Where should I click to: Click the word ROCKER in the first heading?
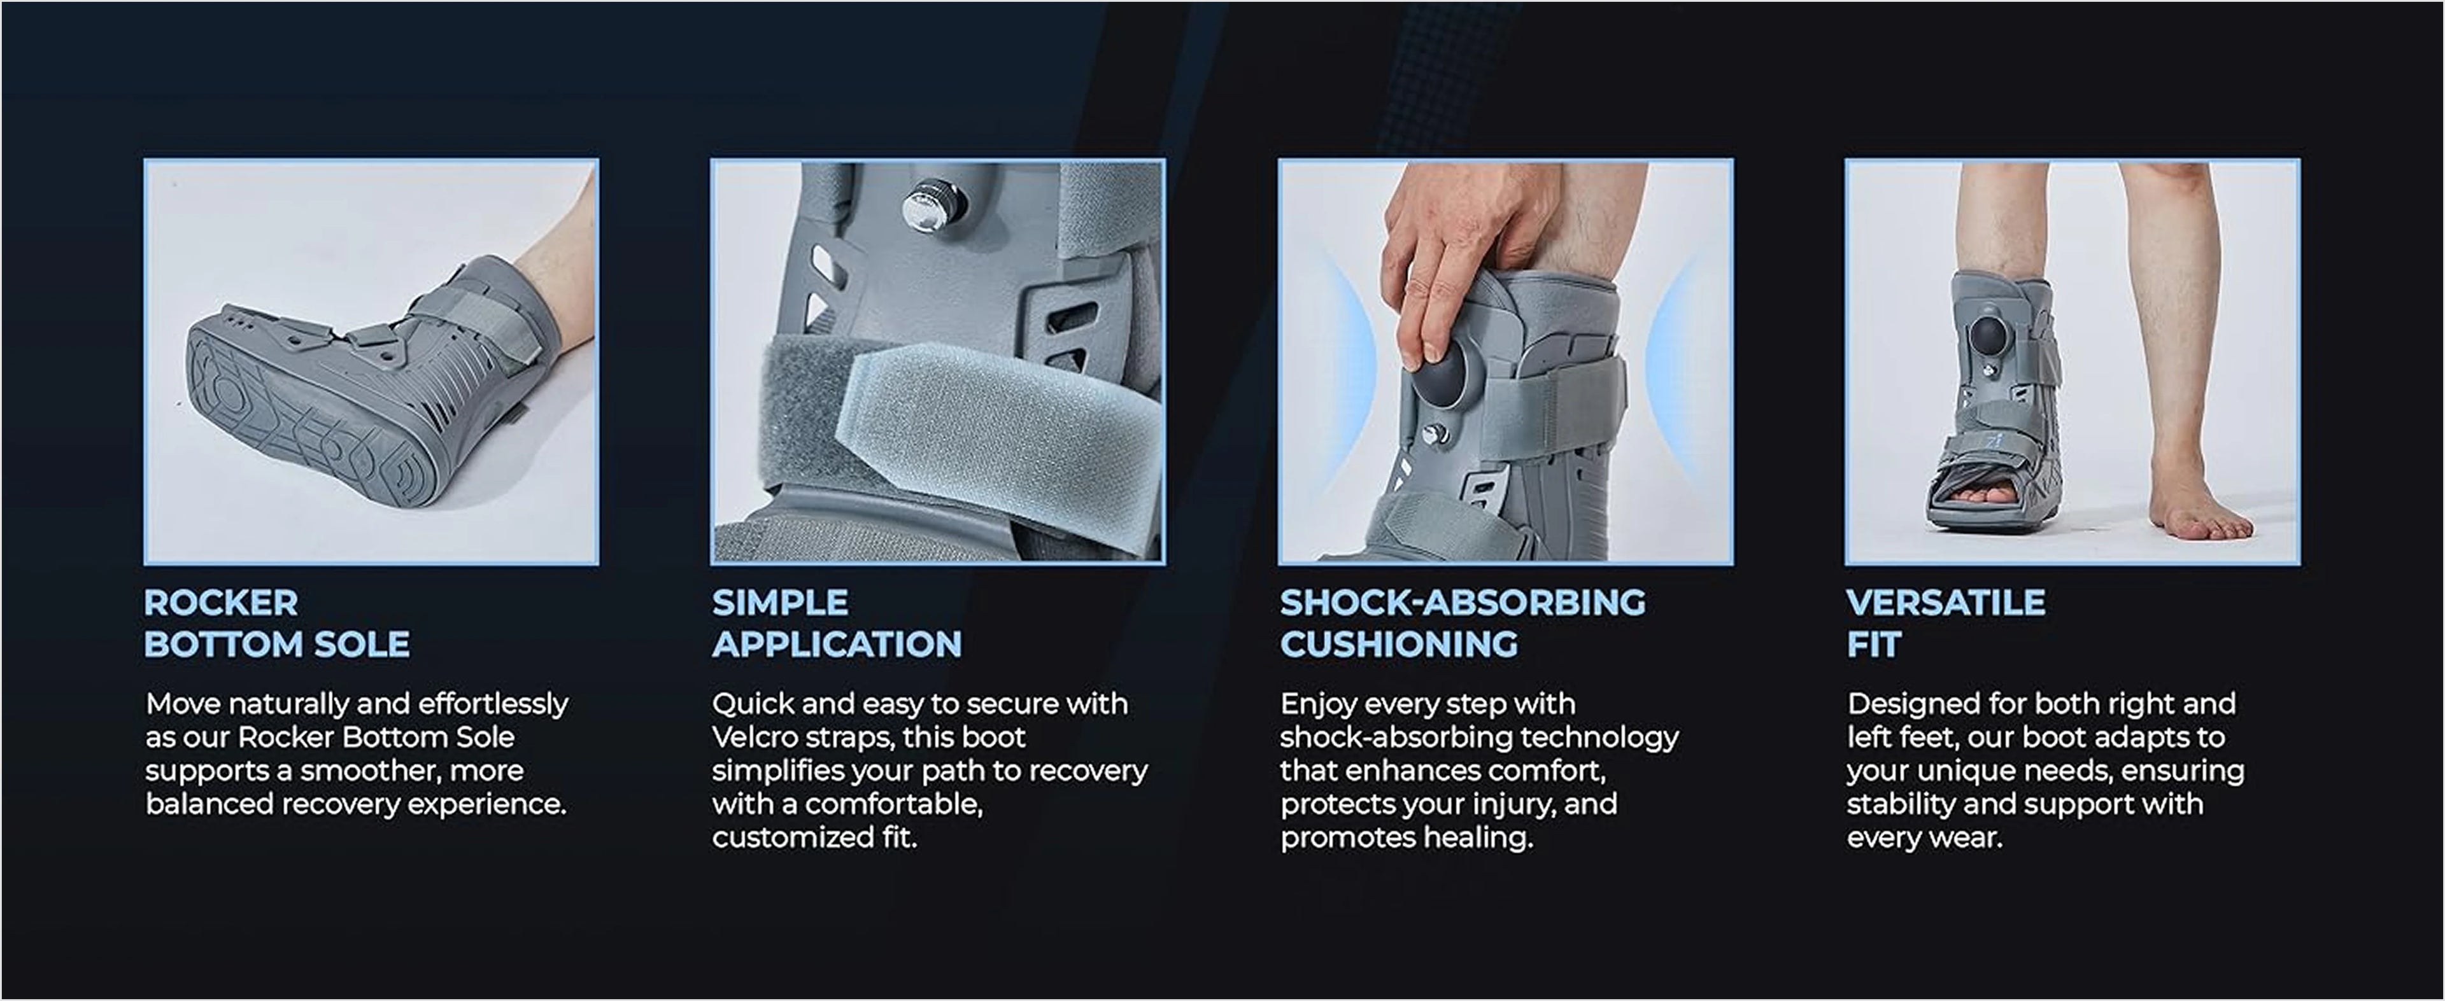point(221,603)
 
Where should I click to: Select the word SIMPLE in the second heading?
point(780,603)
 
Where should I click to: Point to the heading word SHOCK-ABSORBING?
point(1463,603)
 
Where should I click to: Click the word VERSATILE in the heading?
point(1946,603)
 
